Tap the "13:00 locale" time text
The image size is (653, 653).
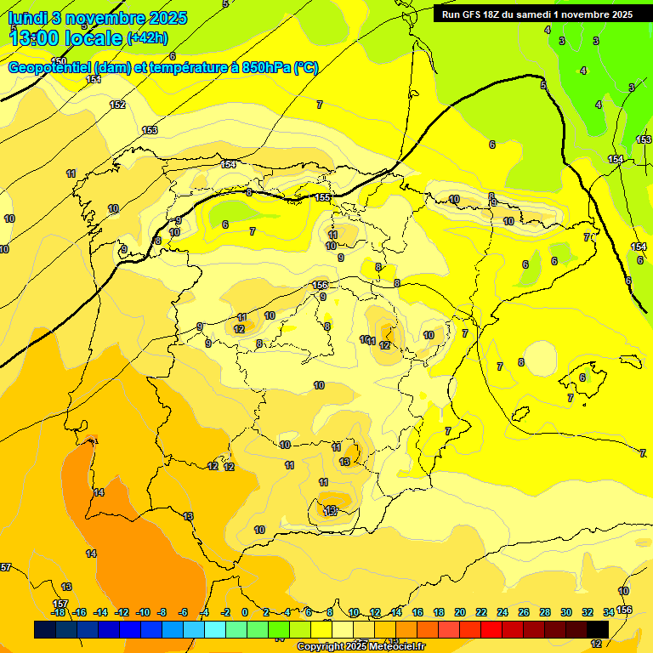(65, 38)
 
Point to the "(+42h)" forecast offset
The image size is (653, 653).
(147, 38)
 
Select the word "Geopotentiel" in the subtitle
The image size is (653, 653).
(48, 68)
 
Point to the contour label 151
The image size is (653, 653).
(94, 79)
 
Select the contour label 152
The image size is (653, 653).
(117, 105)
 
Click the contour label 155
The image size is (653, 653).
(322, 197)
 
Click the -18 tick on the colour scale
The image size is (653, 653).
(58, 612)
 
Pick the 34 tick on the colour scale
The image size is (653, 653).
(609, 612)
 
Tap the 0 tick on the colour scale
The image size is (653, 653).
(245, 612)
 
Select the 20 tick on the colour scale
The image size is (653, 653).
(460, 612)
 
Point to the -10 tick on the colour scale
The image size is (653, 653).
(142, 612)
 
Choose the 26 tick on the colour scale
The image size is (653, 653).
(524, 612)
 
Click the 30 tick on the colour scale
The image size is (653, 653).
(566, 612)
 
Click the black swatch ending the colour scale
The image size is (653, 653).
(597, 629)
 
